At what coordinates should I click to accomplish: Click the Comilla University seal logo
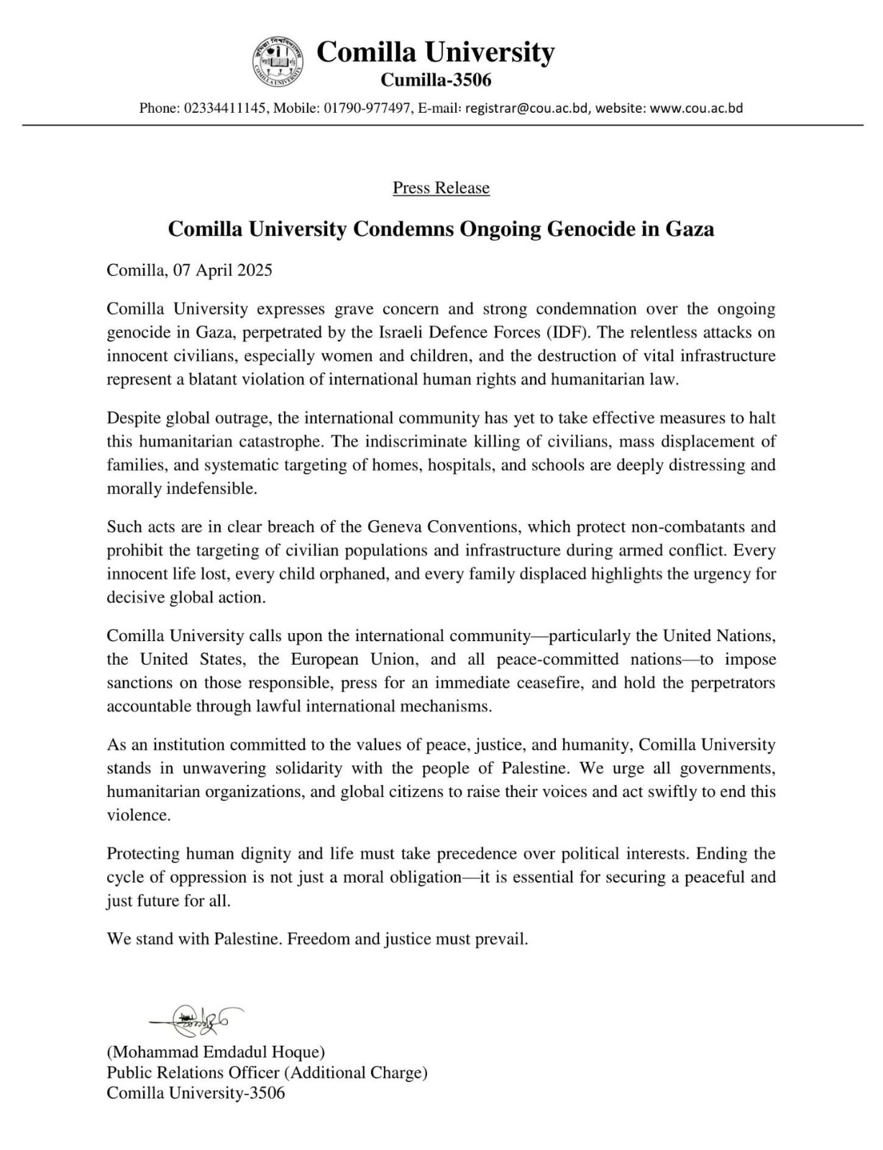[x=277, y=62]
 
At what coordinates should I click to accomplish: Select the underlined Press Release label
[x=441, y=188]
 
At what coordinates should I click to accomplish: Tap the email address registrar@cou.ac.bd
[x=528, y=109]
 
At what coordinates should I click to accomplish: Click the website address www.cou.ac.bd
[x=696, y=109]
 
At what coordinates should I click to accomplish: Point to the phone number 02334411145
[x=226, y=109]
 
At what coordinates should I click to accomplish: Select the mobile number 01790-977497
[x=367, y=109]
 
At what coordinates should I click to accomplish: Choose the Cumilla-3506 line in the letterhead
[x=436, y=80]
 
